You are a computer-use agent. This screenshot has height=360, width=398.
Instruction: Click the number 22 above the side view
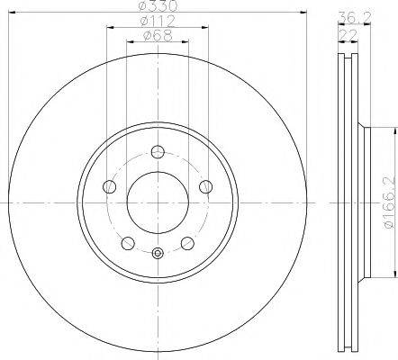[344, 33]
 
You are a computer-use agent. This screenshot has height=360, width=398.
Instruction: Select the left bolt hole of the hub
[111, 186]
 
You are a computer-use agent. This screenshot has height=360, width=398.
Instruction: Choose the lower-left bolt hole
[129, 242]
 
